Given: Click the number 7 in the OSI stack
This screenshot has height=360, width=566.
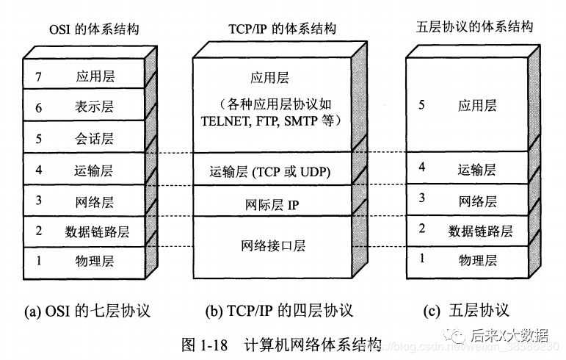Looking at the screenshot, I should coord(39,76).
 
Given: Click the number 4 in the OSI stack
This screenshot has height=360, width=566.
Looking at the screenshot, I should coord(39,170).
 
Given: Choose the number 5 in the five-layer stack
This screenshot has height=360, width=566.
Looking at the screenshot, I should coord(421,105).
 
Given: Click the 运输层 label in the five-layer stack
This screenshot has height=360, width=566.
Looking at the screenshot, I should coord(477,170).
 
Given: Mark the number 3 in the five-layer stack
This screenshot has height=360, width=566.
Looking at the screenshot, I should coord(421,198).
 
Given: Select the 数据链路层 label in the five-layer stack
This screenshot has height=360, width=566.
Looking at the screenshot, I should coord(481,231).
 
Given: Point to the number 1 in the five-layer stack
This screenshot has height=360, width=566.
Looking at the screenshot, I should coord(421,258).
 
